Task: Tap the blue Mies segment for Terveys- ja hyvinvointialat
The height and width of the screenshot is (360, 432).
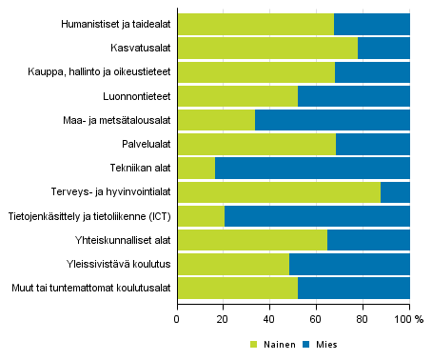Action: pos(395,192)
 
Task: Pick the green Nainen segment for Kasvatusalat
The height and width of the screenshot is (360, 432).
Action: pos(267,48)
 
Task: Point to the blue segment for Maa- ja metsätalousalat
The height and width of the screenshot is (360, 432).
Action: pos(332,120)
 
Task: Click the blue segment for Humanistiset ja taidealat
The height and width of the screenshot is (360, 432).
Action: pos(372,24)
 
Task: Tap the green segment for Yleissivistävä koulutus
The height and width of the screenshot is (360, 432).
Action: pos(233,265)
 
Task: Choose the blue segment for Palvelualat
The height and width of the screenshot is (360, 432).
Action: pos(373,144)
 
